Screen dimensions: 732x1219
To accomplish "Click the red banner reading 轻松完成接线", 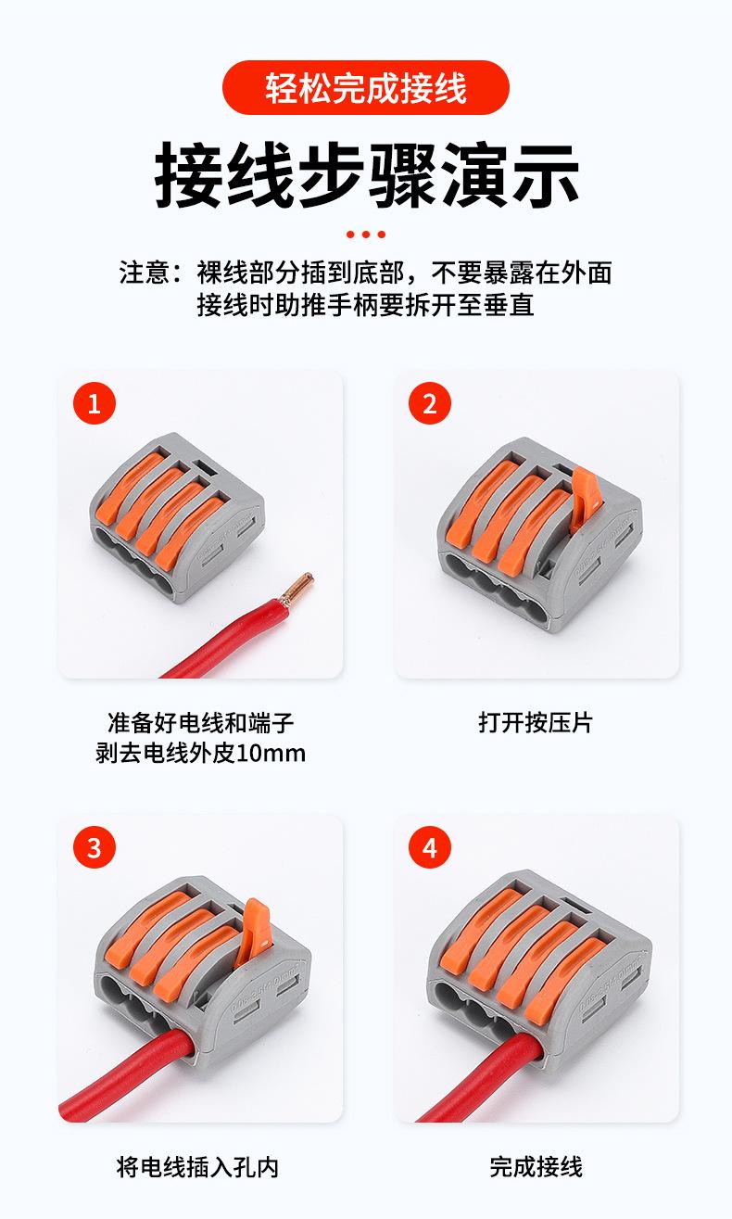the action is [x=365, y=88].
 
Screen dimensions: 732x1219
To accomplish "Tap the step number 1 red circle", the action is [x=95, y=403].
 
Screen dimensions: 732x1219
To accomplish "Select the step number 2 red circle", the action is [x=430, y=403].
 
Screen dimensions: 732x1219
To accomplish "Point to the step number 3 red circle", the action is [x=95, y=847].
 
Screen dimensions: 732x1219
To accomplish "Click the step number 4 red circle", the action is [x=430, y=847].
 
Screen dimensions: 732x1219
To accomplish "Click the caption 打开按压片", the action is [x=536, y=723].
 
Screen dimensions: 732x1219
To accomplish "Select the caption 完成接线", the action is [x=536, y=1167].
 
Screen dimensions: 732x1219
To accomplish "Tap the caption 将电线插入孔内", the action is [x=197, y=1167].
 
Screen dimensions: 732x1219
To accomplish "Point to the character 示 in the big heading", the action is [x=546, y=175].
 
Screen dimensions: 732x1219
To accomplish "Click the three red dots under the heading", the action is [x=366, y=235].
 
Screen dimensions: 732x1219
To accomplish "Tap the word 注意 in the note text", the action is [x=145, y=273].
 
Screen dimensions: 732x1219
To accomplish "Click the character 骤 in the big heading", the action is [x=403, y=175].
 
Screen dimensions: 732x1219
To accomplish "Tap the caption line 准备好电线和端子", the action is [x=201, y=723].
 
